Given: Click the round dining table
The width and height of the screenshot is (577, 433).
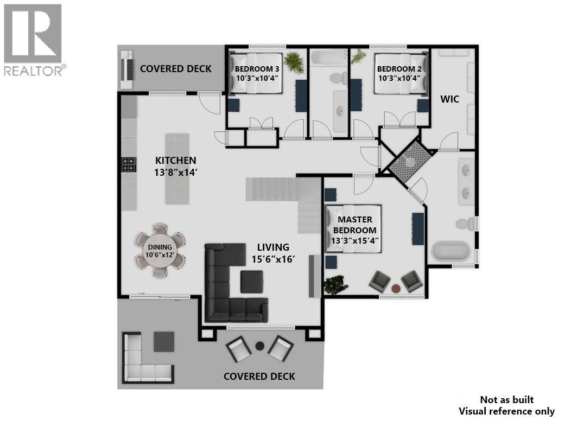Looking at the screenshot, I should point(160,250).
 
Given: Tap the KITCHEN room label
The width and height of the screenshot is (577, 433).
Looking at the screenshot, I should point(175,161).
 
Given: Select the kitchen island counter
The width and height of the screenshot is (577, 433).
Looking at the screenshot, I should point(177,169).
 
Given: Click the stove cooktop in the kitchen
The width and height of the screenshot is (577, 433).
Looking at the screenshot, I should point(128,164).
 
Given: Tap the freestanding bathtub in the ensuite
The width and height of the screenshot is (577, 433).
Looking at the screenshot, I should point(451,252).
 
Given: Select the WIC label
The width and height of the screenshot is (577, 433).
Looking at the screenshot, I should point(449,99).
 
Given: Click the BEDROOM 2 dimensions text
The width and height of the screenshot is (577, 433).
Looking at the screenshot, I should point(399,78).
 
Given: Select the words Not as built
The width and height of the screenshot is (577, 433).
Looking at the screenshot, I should point(506,400).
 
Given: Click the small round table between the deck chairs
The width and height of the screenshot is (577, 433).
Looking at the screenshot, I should point(260,345).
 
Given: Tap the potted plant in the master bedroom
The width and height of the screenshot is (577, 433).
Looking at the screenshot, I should point(335,284).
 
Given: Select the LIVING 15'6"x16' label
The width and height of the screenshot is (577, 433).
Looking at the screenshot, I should point(273,253).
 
